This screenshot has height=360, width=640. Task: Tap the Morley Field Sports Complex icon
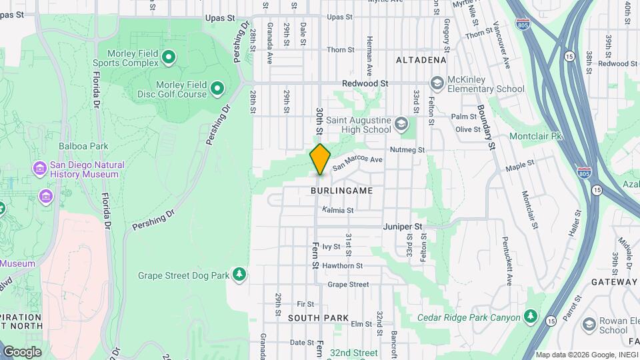pyautogui.click(x=169, y=57)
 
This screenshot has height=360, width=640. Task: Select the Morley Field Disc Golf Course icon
pyautogui.click(x=217, y=88)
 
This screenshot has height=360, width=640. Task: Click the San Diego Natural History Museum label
pyautogui.click(x=87, y=169)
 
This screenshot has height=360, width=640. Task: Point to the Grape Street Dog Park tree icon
pyautogui.click(x=239, y=275)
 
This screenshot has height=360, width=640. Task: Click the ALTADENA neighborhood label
pyautogui.click(x=421, y=60)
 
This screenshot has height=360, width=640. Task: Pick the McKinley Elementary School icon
pyautogui.click(x=437, y=83)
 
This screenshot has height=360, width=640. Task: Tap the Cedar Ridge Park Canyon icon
pyautogui.click(x=530, y=316)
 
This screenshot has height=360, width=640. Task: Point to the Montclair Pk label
pyautogui.click(x=537, y=136)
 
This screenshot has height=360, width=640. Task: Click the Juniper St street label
pyautogui.click(x=403, y=227)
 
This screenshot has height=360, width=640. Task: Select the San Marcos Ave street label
pyautogui.click(x=357, y=163)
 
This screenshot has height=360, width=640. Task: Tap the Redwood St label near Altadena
pyautogui.click(x=365, y=83)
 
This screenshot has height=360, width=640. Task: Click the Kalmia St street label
pyautogui.click(x=337, y=210)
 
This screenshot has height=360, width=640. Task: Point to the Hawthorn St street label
pyautogui.click(x=342, y=265)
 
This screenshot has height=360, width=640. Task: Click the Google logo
pyautogui.click(x=22, y=352)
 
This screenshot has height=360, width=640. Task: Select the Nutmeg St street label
pyautogui.click(x=407, y=150)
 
